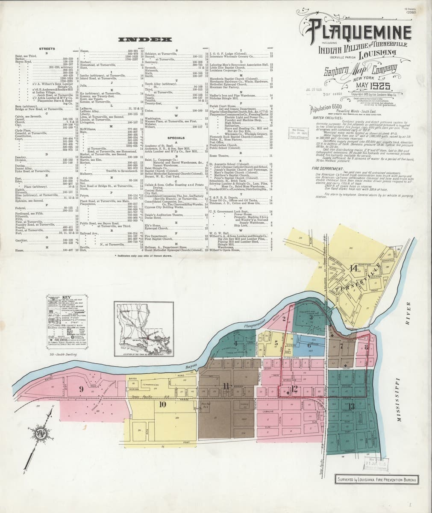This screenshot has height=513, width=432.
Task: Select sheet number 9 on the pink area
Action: click(x=80, y=389)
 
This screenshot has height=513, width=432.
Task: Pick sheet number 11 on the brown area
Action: click(x=226, y=386)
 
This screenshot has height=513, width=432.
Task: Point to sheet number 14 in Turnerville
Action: click(x=353, y=268)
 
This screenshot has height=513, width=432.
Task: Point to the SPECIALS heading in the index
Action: click(x=176, y=138)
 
